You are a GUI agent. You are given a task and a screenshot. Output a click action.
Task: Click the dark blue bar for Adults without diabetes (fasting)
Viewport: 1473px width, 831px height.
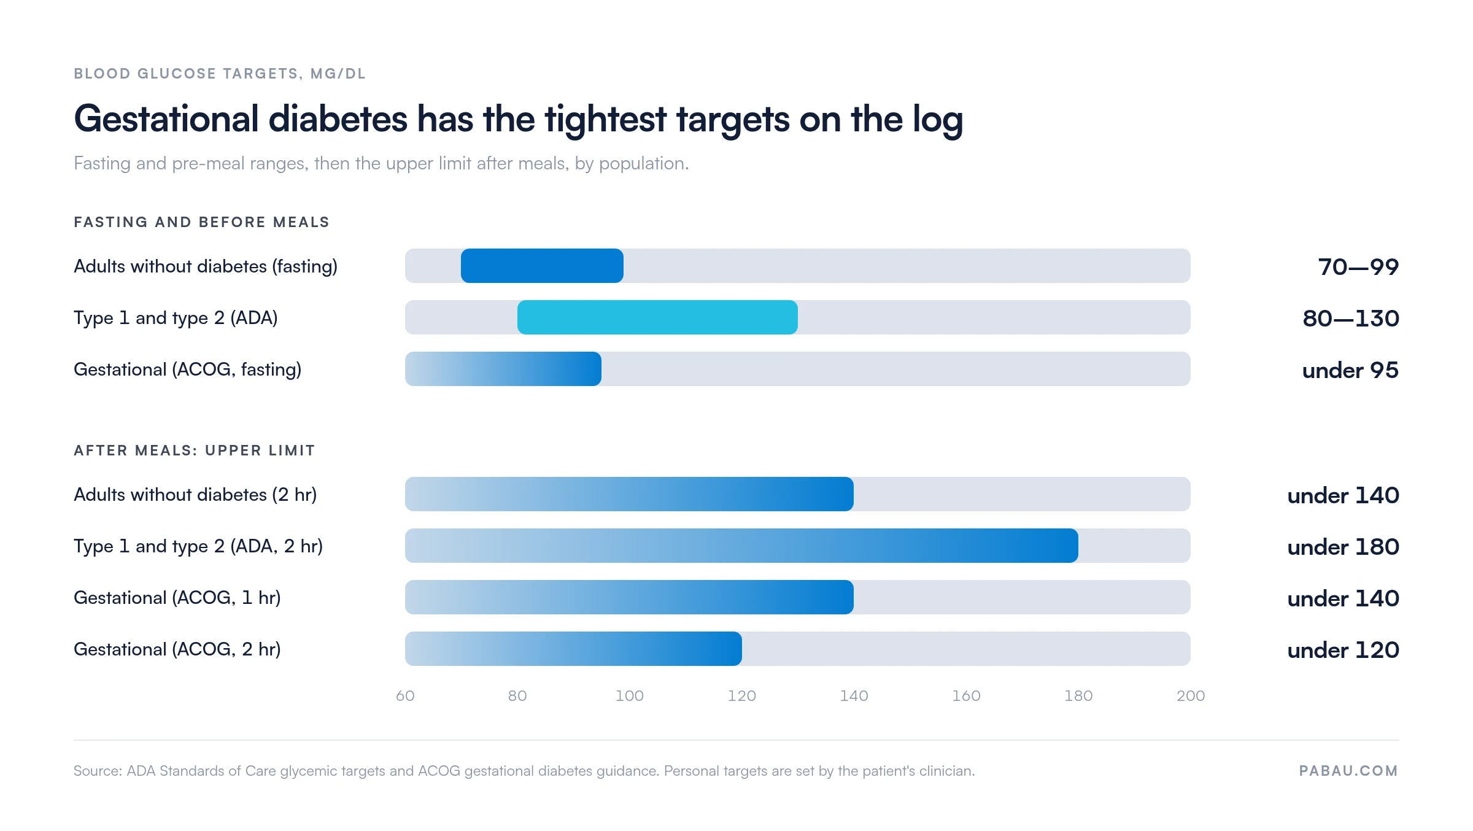[x=542, y=266]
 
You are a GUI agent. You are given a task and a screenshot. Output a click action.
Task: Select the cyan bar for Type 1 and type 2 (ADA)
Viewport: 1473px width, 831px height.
[x=657, y=317]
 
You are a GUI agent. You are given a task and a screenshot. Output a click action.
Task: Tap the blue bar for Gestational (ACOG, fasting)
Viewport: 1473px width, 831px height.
[x=503, y=369]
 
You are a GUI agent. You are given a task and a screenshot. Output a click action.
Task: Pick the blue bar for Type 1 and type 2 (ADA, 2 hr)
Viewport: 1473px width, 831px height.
[x=741, y=546]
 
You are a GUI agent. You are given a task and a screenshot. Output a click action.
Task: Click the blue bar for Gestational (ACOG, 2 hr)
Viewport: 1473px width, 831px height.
[x=573, y=649]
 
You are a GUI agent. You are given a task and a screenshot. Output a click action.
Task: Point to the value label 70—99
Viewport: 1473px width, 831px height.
[x=1358, y=267]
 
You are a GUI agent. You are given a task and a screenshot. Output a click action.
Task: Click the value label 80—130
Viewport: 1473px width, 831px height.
[x=1351, y=319]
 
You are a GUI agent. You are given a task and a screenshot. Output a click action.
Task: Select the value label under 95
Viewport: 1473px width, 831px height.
[x=1350, y=370]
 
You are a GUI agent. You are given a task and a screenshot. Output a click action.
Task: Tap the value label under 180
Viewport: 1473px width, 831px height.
[x=1343, y=547]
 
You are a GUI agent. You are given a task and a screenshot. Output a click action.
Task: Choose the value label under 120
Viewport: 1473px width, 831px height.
[x=1343, y=650]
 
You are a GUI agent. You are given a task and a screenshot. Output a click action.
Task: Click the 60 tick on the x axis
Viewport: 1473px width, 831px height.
[x=405, y=695]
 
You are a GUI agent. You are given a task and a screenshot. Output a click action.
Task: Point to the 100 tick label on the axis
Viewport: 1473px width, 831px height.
[x=630, y=695]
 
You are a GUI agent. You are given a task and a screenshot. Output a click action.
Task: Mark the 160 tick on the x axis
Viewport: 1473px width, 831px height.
[x=966, y=695]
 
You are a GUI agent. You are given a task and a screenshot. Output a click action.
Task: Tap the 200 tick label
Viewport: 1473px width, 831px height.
[x=1191, y=695]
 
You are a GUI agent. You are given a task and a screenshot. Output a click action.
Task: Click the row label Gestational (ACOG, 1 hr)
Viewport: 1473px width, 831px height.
[x=177, y=598]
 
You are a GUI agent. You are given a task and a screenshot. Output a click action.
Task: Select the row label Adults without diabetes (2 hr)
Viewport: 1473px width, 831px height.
[x=195, y=495]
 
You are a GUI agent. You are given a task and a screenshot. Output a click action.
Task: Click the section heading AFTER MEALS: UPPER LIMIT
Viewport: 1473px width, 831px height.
[x=195, y=450]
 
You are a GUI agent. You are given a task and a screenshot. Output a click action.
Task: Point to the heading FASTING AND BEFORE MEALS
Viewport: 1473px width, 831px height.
[x=202, y=222]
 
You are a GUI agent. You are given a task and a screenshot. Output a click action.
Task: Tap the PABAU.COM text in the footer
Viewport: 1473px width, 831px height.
[x=1348, y=771]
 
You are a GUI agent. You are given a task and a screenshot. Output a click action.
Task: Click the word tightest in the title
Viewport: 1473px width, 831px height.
[x=605, y=119]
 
